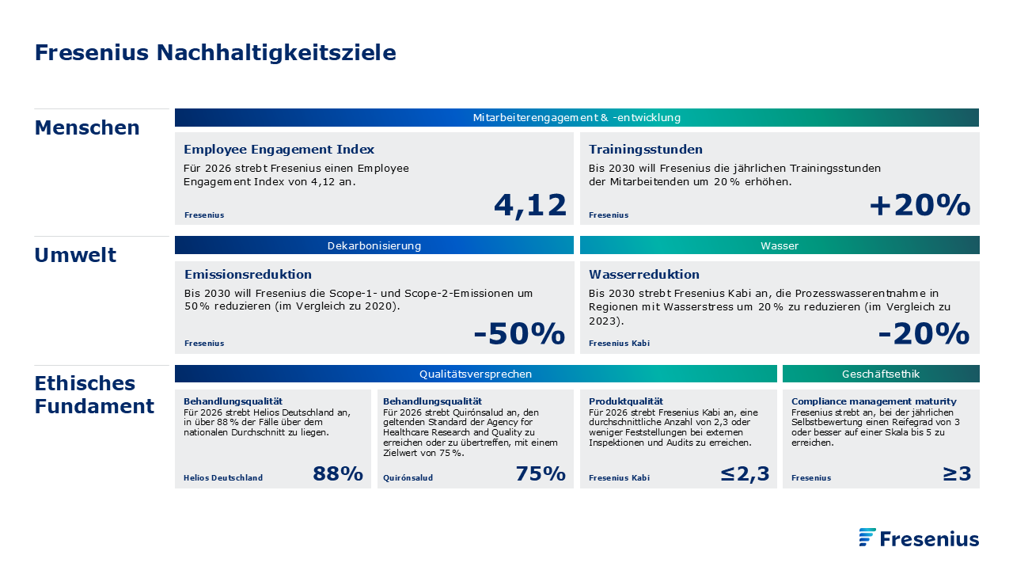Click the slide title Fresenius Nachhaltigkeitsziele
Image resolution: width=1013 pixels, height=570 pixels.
point(215,52)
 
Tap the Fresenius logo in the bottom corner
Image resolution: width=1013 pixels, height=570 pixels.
point(919,538)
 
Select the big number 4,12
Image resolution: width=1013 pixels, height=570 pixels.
point(530,206)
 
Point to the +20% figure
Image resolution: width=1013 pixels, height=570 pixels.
point(920,205)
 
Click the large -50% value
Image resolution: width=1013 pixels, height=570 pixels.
point(519,333)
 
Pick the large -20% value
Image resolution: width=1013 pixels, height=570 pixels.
point(924,333)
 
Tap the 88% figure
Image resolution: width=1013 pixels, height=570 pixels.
point(338,473)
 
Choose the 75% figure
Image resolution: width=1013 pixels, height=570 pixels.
point(541,473)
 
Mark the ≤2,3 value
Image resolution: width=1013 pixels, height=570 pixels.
point(745,474)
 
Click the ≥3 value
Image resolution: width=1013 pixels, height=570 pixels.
point(957,473)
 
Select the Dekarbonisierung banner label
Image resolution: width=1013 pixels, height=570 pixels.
point(374,245)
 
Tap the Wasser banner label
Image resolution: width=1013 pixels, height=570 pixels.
point(780,245)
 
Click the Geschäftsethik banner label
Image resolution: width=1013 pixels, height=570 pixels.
point(881,374)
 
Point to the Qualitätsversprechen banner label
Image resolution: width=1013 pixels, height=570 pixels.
point(476,374)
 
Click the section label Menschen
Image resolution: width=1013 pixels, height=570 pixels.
point(87,127)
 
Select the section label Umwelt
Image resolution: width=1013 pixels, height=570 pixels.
point(75,255)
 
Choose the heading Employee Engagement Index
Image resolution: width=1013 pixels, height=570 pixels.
point(279,150)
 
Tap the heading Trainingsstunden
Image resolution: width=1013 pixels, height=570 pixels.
point(645,150)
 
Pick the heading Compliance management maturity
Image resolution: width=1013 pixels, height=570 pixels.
point(874,401)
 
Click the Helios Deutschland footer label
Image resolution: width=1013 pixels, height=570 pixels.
point(223,477)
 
